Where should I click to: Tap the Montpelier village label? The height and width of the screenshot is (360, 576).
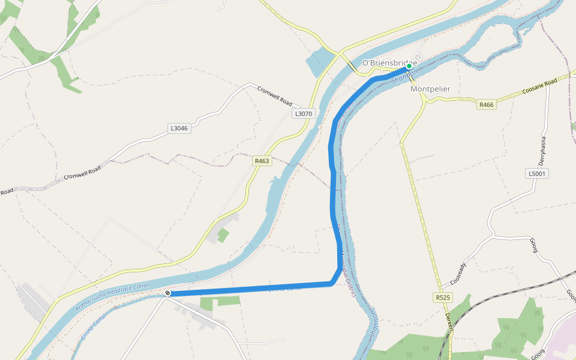(x=430, y=89)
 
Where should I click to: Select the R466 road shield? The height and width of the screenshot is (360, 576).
(x=486, y=104)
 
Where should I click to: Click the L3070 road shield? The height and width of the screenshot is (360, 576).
(x=303, y=113)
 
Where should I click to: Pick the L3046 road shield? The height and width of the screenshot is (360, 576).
(x=179, y=128)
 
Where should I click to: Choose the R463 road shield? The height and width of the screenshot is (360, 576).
(x=262, y=161)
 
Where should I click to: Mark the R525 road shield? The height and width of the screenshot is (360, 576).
(x=443, y=298)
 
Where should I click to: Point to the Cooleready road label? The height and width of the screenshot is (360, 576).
(x=458, y=274)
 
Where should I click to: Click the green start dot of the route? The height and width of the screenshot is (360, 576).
(x=409, y=67)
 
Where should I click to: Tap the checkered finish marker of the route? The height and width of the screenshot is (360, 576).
(x=167, y=293)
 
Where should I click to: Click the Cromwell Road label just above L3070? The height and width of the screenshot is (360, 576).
(x=274, y=96)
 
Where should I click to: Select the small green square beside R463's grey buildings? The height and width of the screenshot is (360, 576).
(x=223, y=235)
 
